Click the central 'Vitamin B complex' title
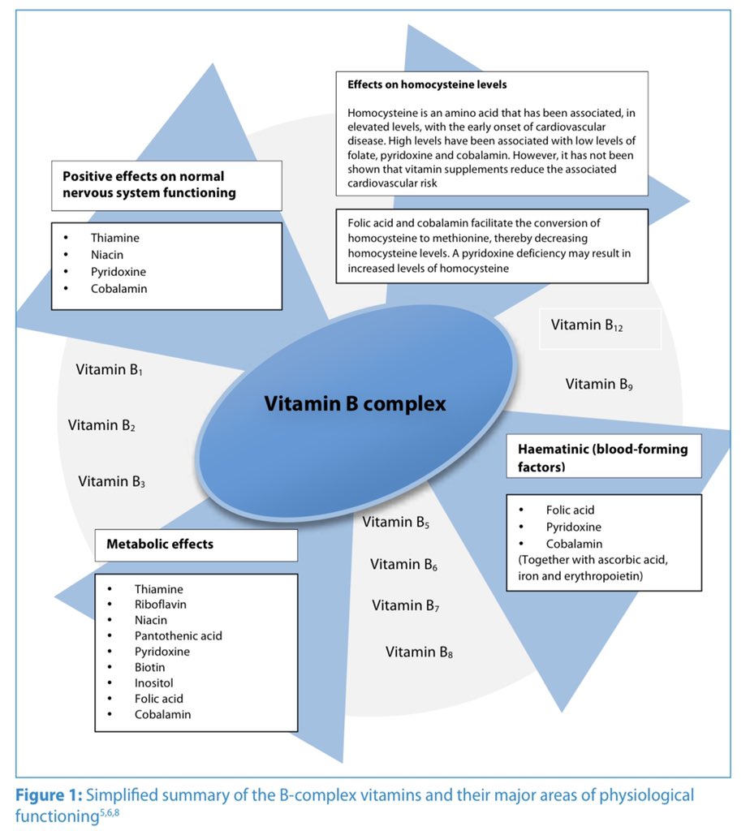point(355,403)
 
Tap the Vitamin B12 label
point(587,325)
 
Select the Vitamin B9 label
point(599,384)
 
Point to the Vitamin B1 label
point(110,370)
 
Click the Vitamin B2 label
point(101,425)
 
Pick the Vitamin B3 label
point(112,481)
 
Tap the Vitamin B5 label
point(396,523)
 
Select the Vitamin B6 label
point(404,565)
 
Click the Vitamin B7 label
point(406,605)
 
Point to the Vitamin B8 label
point(419,652)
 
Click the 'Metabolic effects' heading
point(160,544)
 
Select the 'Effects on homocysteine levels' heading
point(427,84)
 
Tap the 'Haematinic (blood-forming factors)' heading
point(602,458)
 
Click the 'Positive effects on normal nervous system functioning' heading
point(144,184)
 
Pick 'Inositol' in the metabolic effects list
point(154,683)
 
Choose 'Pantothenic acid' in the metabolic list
point(179,636)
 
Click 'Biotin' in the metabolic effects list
point(150,668)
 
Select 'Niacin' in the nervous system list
point(108,255)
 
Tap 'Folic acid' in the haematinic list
point(570,510)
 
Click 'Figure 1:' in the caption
point(50,795)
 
